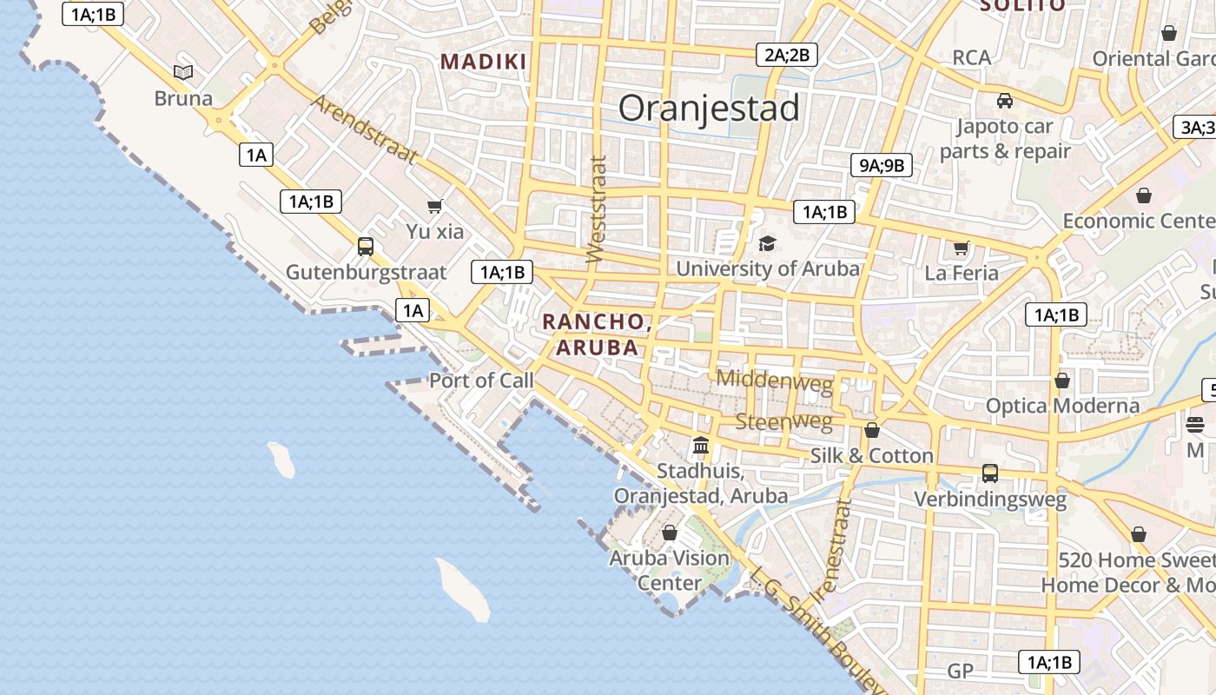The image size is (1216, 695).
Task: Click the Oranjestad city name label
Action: point(709,109)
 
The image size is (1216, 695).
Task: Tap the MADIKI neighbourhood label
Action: point(483,62)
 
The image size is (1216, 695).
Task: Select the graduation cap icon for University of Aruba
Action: point(767,244)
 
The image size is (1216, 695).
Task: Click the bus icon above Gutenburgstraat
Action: point(366,247)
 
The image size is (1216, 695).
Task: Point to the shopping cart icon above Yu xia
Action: point(435,207)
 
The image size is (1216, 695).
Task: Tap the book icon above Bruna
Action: point(183,72)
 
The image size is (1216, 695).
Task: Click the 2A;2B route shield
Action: point(786,55)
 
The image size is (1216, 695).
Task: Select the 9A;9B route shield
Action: point(882,165)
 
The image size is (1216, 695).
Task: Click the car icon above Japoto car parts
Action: point(1005,101)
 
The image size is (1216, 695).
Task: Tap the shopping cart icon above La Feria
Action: point(962,248)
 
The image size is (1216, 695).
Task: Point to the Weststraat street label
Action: point(596,208)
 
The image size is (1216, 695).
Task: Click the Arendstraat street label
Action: point(364,130)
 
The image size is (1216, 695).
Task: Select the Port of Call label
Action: point(481,381)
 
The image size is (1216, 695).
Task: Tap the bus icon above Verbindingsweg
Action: point(990,473)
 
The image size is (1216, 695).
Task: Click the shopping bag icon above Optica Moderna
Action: point(1061,381)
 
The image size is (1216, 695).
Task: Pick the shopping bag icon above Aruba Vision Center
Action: point(670,533)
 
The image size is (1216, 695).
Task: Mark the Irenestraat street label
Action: point(832,552)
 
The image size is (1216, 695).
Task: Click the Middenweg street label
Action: point(774,380)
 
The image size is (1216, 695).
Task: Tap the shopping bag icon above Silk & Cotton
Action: point(872,431)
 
